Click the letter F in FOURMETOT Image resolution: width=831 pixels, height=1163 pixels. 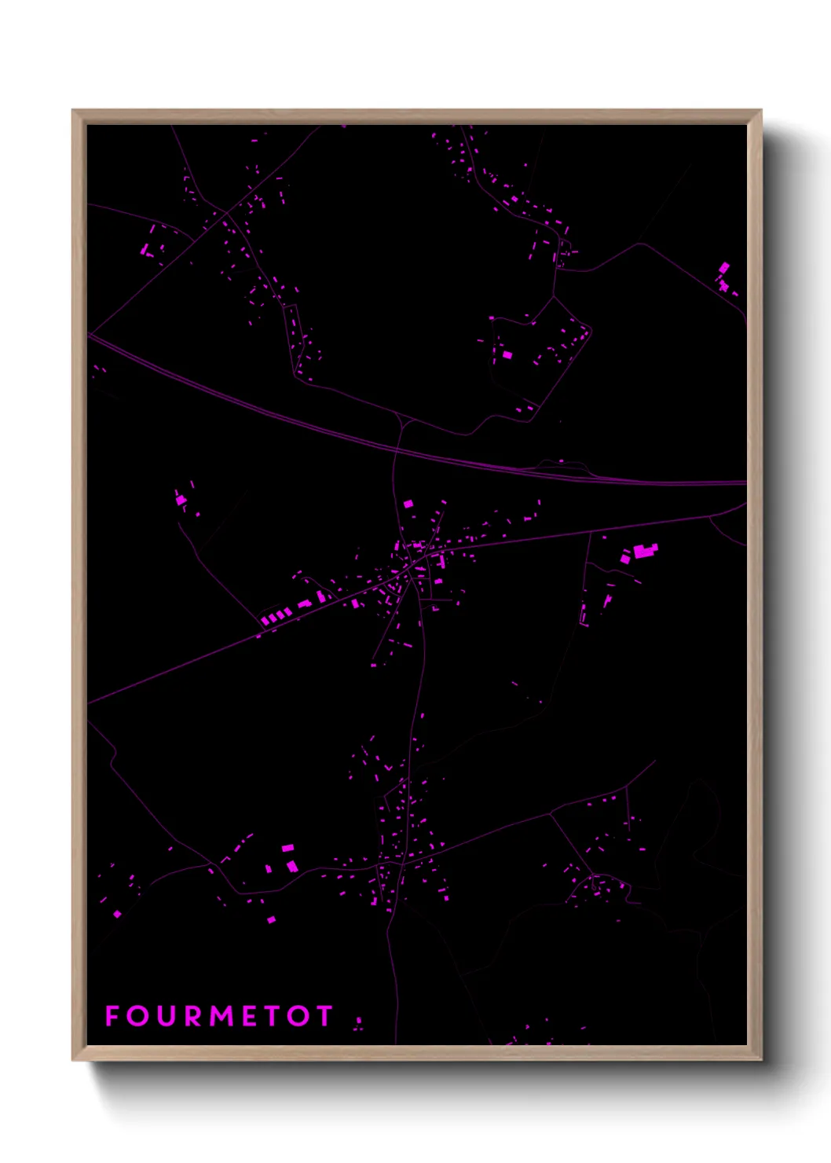[112, 1016]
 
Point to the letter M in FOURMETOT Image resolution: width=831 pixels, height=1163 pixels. [223, 1016]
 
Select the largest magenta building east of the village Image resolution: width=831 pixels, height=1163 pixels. [645, 551]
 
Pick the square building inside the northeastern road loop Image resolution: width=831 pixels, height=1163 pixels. [507, 355]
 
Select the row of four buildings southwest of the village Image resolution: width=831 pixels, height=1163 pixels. [276, 617]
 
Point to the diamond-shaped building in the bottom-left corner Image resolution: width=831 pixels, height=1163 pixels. [117, 914]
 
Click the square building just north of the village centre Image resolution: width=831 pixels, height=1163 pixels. [408, 504]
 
